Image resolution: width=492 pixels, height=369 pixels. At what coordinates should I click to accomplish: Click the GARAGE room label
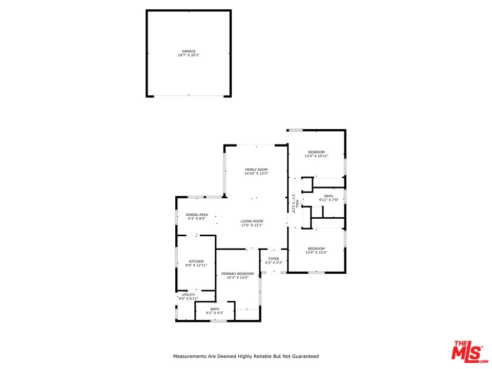pos(189,51)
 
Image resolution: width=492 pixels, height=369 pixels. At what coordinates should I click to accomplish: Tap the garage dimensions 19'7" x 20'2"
pos(189,55)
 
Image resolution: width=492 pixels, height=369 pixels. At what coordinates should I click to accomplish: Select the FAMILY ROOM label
pos(256,170)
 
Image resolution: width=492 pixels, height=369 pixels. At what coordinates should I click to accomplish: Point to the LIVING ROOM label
pos(252,221)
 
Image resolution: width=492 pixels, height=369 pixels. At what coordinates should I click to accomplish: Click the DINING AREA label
pos(197,215)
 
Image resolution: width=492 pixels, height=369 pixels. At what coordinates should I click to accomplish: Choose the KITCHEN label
pos(196,261)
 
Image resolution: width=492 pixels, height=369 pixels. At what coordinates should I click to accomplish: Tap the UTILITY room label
pos(189,295)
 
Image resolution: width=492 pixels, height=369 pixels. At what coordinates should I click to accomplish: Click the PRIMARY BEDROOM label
pos(237,274)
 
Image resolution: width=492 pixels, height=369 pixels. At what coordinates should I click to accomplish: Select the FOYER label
pos(274,259)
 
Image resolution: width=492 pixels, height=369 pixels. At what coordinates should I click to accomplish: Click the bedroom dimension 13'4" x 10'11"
pos(317,156)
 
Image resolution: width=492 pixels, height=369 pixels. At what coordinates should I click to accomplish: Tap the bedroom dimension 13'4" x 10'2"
pos(316,252)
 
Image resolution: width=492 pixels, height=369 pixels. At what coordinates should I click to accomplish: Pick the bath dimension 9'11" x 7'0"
pos(329,200)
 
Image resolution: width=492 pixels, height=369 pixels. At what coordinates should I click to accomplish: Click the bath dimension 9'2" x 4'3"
pos(215,313)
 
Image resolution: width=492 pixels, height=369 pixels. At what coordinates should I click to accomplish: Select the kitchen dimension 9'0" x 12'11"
pos(196,265)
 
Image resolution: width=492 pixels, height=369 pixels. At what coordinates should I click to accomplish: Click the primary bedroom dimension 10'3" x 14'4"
pos(237,278)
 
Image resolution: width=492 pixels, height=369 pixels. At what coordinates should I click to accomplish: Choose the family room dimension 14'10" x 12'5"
pos(256,174)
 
